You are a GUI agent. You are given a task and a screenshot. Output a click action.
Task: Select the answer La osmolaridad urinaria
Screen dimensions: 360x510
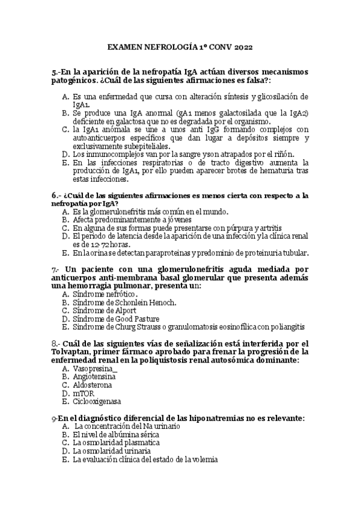click(x=111, y=450)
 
